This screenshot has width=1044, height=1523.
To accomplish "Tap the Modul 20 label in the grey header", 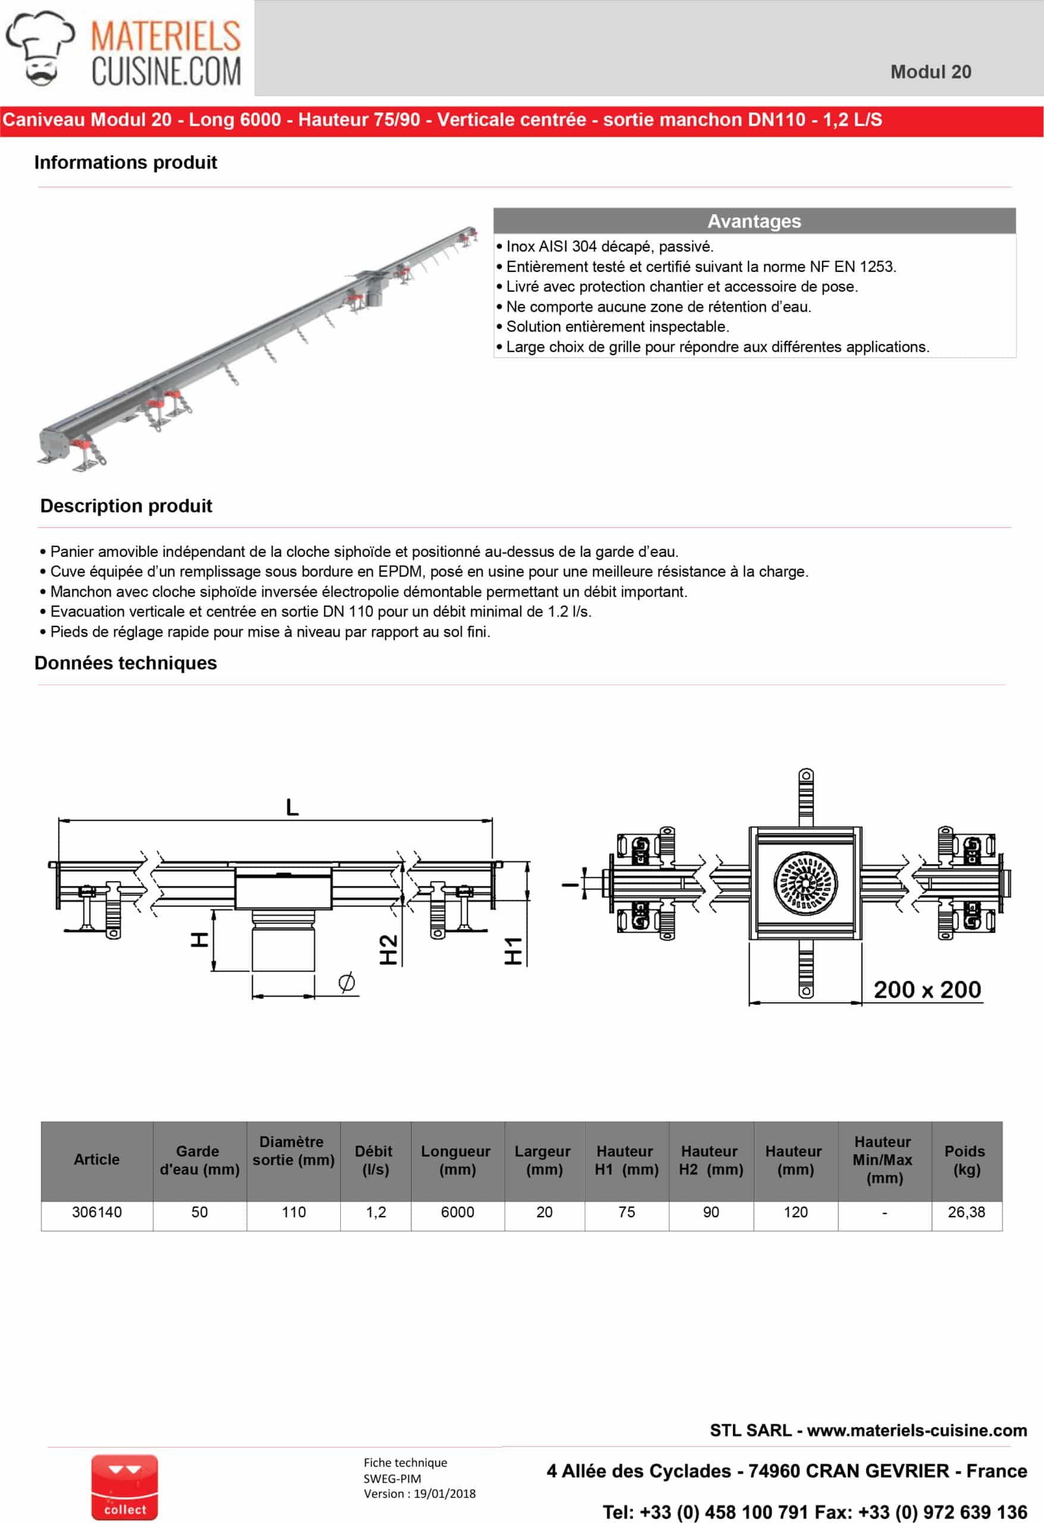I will point(930,72).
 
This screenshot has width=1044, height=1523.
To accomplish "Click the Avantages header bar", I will point(754,221).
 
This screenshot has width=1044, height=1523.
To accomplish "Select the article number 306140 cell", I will point(96,1212).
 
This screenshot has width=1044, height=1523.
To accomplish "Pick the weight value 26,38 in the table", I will point(966,1212).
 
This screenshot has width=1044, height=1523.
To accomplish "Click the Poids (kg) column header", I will point(966,1160).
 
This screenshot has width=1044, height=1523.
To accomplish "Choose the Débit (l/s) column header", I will point(375,1160).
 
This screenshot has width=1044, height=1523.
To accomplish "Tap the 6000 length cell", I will point(457,1212).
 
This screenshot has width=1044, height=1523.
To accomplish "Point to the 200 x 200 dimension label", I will point(927,989).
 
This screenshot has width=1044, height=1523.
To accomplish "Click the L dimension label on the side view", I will point(292,807).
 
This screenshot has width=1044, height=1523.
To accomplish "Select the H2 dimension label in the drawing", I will point(388,949).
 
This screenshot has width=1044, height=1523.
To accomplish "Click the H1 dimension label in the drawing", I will point(513,951).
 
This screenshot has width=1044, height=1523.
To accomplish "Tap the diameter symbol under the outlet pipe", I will point(347,982).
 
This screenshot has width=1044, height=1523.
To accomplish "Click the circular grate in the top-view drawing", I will point(805,883).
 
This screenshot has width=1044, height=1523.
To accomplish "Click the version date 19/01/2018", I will point(444,1493).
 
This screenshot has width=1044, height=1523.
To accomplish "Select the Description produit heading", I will point(126,506).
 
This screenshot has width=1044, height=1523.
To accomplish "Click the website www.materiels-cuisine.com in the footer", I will point(916,1431).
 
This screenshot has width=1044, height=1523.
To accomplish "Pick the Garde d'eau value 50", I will point(199,1212).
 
